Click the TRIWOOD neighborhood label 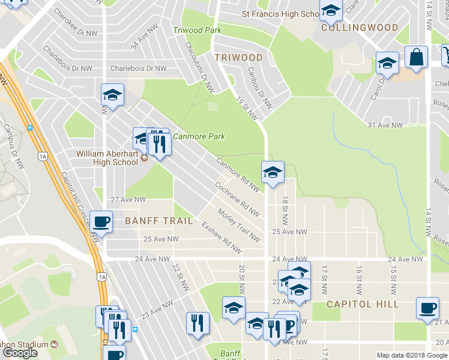[x=238, y=58]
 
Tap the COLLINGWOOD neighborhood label [x=360, y=28]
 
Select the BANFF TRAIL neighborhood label [x=159, y=221]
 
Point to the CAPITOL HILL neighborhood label [x=363, y=304]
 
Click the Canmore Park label [x=199, y=136]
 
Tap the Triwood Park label [x=197, y=30]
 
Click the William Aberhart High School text [x=107, y=158]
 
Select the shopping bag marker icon [x=416, y=58]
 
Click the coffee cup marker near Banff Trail [x=101, y=221]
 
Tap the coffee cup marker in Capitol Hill [x=427, y=308]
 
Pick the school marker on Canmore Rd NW [x=273, y=172]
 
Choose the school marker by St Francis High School [x=330, y=10]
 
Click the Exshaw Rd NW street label [x=221, y=238]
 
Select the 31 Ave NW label [x=385, y=125]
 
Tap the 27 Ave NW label [x=128, y=199]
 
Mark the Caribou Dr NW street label [x=260, y=88]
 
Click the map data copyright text [x=412, y=355]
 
